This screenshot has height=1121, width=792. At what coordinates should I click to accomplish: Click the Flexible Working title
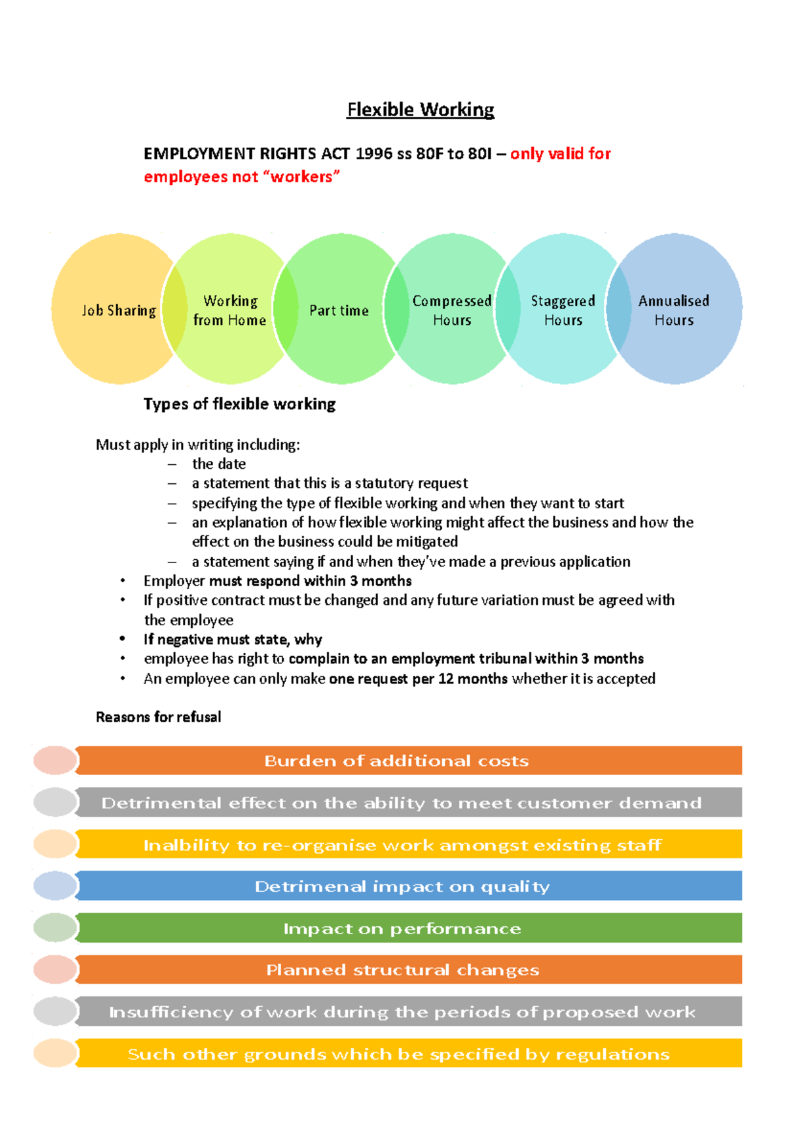420,110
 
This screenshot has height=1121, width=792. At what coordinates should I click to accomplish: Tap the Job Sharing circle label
119,310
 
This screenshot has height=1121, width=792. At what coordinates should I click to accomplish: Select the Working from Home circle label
230,310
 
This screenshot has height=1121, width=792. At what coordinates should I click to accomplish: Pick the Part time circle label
339,310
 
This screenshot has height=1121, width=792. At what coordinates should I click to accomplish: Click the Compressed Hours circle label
452,310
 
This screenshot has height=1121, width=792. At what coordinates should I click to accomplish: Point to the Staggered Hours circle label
563,310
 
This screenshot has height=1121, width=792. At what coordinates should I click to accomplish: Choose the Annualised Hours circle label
674,310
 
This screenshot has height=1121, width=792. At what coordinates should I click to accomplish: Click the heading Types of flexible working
240,404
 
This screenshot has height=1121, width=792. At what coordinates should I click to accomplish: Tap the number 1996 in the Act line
374,154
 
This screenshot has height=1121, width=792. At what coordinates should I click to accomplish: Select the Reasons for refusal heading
158,717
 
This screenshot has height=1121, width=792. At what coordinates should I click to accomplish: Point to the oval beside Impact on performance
55,928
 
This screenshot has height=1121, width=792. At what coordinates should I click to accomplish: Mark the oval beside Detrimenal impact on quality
55,886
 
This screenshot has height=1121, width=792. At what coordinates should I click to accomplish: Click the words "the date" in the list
219,464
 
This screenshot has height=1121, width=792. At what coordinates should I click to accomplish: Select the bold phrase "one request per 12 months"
418,679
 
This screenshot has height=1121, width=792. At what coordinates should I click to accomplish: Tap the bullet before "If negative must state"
123,639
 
